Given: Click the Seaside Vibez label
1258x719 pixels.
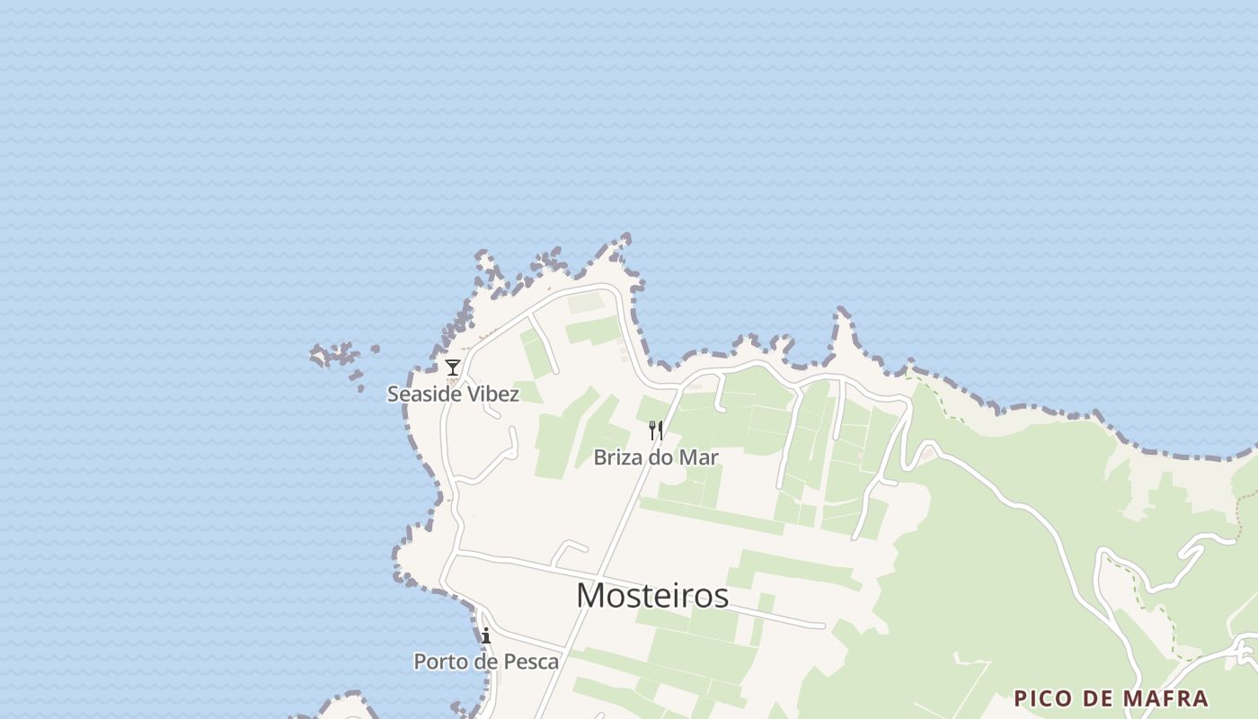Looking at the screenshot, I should coord(453,394).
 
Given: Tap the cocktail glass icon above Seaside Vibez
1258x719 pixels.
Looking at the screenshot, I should coord(453,368).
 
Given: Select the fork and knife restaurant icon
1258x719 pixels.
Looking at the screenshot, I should coord(656,431).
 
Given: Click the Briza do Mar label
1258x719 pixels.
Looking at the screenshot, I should coord(656,457).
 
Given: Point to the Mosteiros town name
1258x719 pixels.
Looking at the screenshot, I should coord(651,595).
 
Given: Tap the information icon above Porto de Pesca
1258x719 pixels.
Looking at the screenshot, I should coord(486,636).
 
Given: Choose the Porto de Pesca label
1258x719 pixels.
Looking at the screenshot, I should coord(485,662).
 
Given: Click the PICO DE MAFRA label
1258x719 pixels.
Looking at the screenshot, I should coord(1111,698).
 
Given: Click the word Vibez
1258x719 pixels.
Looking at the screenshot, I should coord(491,394).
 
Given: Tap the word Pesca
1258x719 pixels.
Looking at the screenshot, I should coord(530,662).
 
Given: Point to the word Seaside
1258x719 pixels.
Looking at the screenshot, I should coord(421,394).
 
